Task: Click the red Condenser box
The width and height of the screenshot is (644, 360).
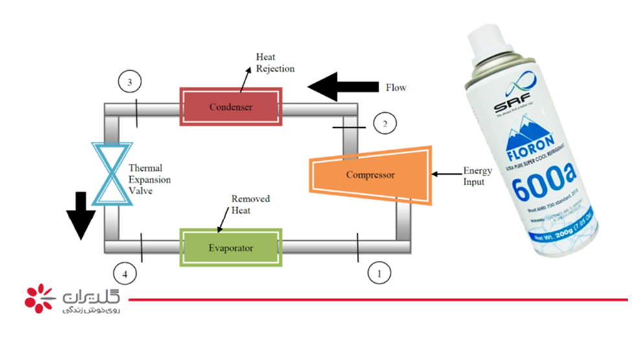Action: tap(231, 106)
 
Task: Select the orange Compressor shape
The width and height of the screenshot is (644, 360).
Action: tap(370, 174)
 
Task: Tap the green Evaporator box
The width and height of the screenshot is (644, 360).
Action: tap(231, 247)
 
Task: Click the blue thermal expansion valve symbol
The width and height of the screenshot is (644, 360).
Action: tap(111, 173)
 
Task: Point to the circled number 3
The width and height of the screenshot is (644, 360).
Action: tap(130, 83)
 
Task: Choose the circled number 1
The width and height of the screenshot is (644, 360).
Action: tap(380, 273)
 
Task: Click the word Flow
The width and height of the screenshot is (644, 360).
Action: tap(396, 87)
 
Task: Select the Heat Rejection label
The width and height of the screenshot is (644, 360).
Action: tap(275, 63)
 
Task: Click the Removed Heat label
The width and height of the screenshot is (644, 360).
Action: tap(251, 205)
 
